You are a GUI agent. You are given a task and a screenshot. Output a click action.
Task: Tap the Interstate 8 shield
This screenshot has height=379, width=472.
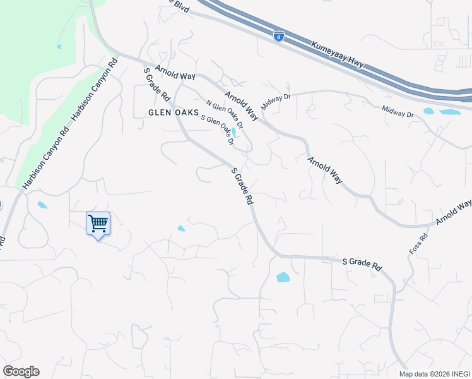pyautogui.click(x=278, y=37)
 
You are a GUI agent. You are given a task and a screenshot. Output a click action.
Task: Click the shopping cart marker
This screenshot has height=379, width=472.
pyautogui.click(x=98, y=224)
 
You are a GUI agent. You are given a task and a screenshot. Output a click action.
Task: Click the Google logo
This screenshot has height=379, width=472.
pyautogui.click(x=21, y=371)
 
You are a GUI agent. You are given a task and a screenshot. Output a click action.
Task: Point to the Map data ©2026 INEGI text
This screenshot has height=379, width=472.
pyautogui.click(x=435, y=373)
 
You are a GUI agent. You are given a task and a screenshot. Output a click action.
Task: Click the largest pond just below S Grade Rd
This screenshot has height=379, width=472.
pyautogui.click(x=283, y=277)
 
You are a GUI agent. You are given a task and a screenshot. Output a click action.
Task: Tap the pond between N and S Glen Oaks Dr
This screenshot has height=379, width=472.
pyautogui.click(x=234, y=132)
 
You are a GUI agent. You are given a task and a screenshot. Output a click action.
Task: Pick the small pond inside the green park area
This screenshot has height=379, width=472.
pyautogui.click(x=59, y=46)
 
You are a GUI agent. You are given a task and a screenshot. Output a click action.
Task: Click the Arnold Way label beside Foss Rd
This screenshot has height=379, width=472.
pyautogui.click(x=452, y=213)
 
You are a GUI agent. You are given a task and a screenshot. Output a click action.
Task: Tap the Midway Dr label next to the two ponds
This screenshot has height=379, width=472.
pyautogui.click(x=398, y=111)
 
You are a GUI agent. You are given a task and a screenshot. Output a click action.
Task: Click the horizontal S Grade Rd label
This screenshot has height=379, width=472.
pyautogui.click(x=362, y=263)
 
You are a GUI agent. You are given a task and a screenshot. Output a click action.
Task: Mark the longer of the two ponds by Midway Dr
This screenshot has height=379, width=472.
pyautogui.click(x=450, y=112)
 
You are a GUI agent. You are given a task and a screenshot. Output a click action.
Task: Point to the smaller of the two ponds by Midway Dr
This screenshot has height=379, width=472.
pyautogui.click(x=429, y=111)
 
